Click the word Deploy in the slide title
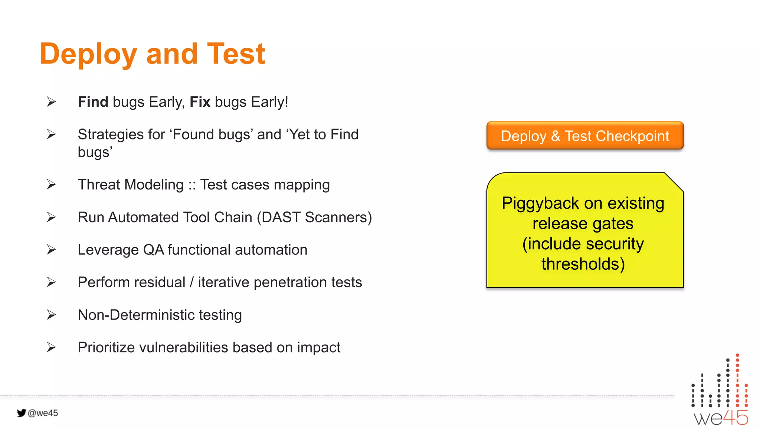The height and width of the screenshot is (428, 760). pyautogui.click(x=88, y=54)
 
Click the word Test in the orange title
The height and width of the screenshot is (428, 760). pyautogui.click(x=236, y=53)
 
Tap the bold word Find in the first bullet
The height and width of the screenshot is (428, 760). pyautogui.click(x=93, y=102)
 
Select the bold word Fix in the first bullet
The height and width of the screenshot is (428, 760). pyautogui.click(x=200, y=102)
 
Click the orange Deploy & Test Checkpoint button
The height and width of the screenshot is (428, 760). pyautogui.click(x=585, y=136)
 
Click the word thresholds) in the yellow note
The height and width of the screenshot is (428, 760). pyautogui.click(x=583, y=264)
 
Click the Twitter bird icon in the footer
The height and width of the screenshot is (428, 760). pyautogui.click(x=21, y=413)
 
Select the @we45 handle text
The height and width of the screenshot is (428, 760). pyautogui.click(x=43, y=413)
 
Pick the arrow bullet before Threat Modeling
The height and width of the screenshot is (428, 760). pyautogui.click(x=51, y=185)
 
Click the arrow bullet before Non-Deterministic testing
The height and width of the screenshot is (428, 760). pyautogui.click(x=51, y=315)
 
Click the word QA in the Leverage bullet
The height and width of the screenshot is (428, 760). pyautogui.click(x=153, y=250)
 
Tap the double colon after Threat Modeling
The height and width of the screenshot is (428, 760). pyautogui.click(x=192, y=185)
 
